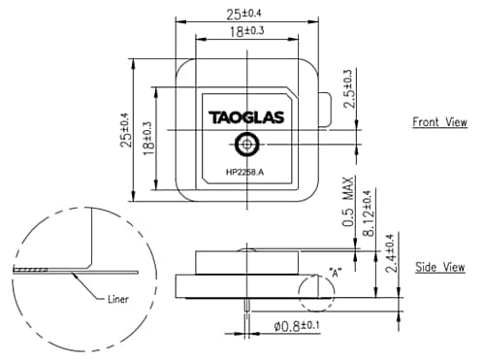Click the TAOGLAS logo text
pos(247,117)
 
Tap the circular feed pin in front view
pos(247,145)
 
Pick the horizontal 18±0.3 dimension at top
pos(247,32)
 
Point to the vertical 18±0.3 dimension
pos(147,138)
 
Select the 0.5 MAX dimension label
pos(348,205)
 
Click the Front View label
pos(439,122)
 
